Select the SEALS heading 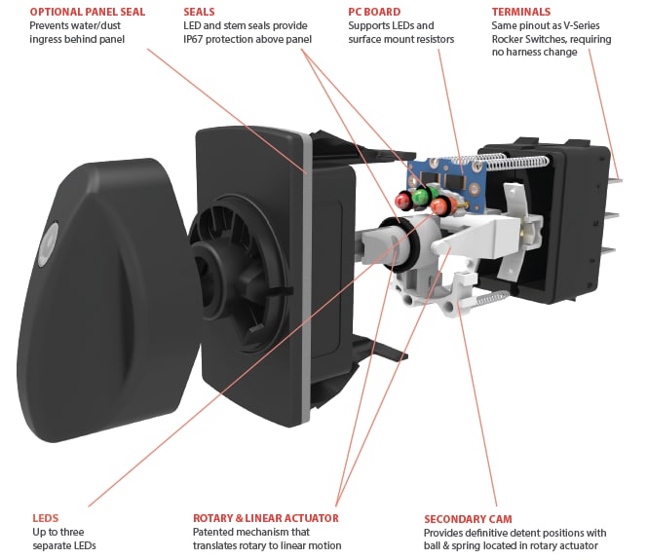pyautogui.click(x=200, y=12)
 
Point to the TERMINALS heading pyautogui.click(x=521, y=12)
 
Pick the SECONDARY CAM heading pyautogui.click(x=468, y=519)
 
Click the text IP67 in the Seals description pyautogui.click(x=198, y=39)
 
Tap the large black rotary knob pyautogui.click(x=97, y=282)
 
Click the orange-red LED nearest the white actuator pyautogui.click(x=441, y=206)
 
